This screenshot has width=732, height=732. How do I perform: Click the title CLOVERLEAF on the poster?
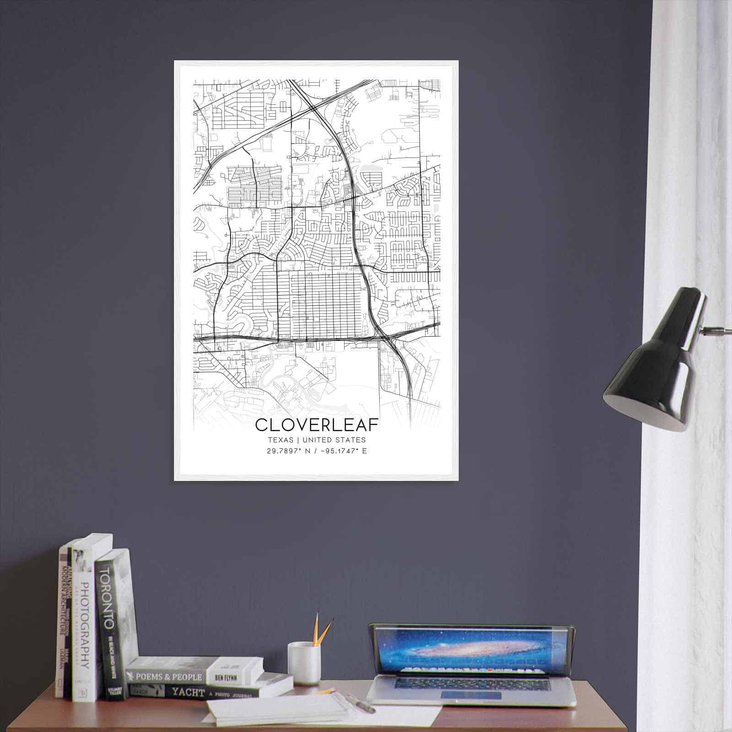tap(317, 425)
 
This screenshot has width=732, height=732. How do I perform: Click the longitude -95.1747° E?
tap(343, 451)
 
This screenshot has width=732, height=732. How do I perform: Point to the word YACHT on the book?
tap(188, 692)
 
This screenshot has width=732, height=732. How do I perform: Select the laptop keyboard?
tap(471, 684)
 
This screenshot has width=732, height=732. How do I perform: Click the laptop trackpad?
tap(471, 695)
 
